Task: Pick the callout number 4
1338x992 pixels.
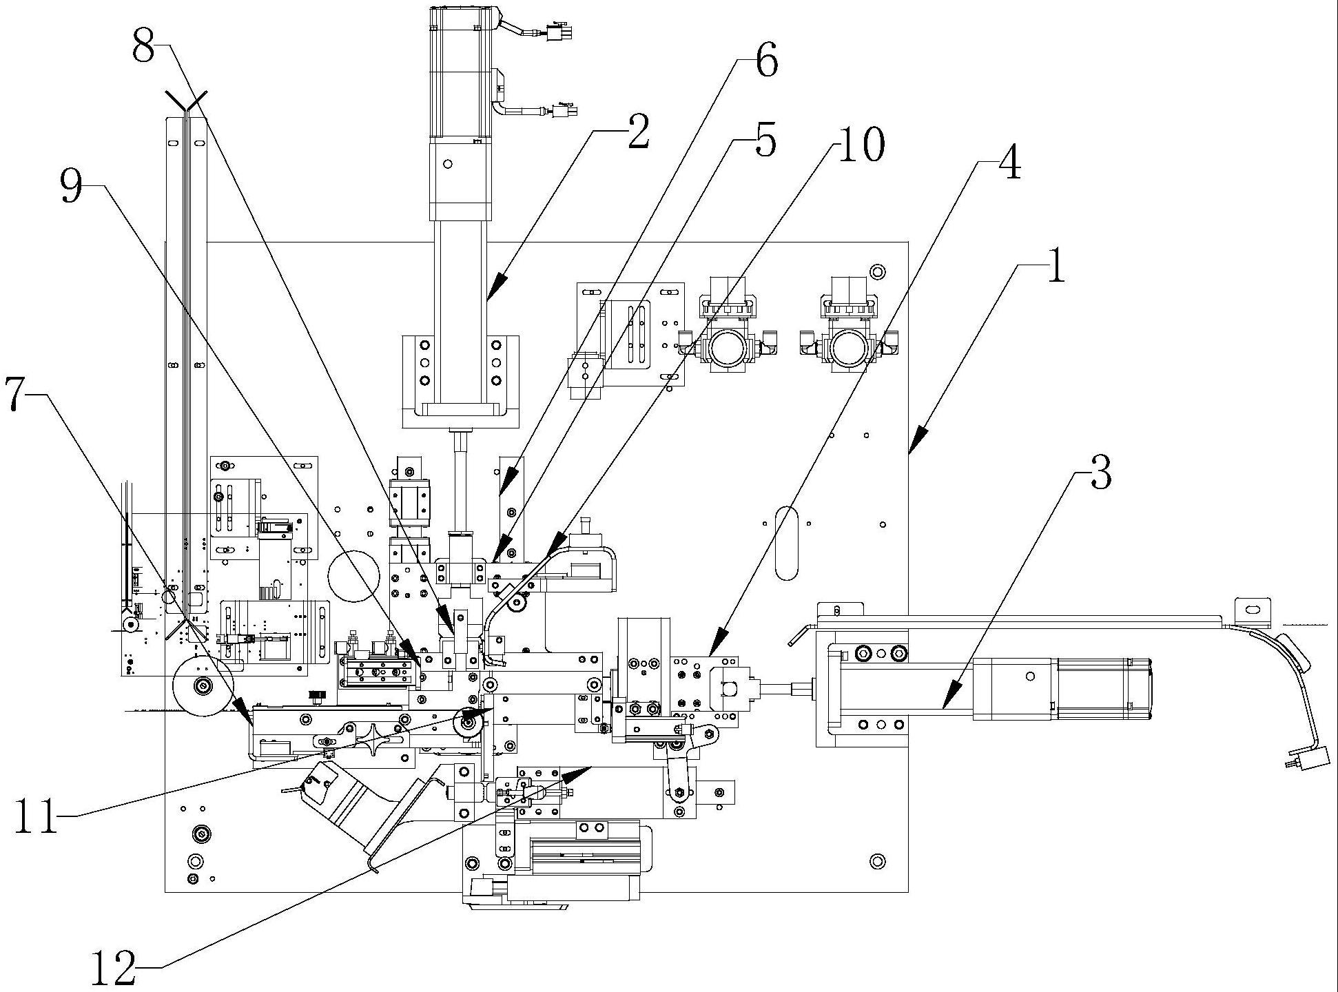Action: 1009,164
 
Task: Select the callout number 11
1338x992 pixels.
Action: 38,819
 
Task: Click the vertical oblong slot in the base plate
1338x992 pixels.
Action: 786,543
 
